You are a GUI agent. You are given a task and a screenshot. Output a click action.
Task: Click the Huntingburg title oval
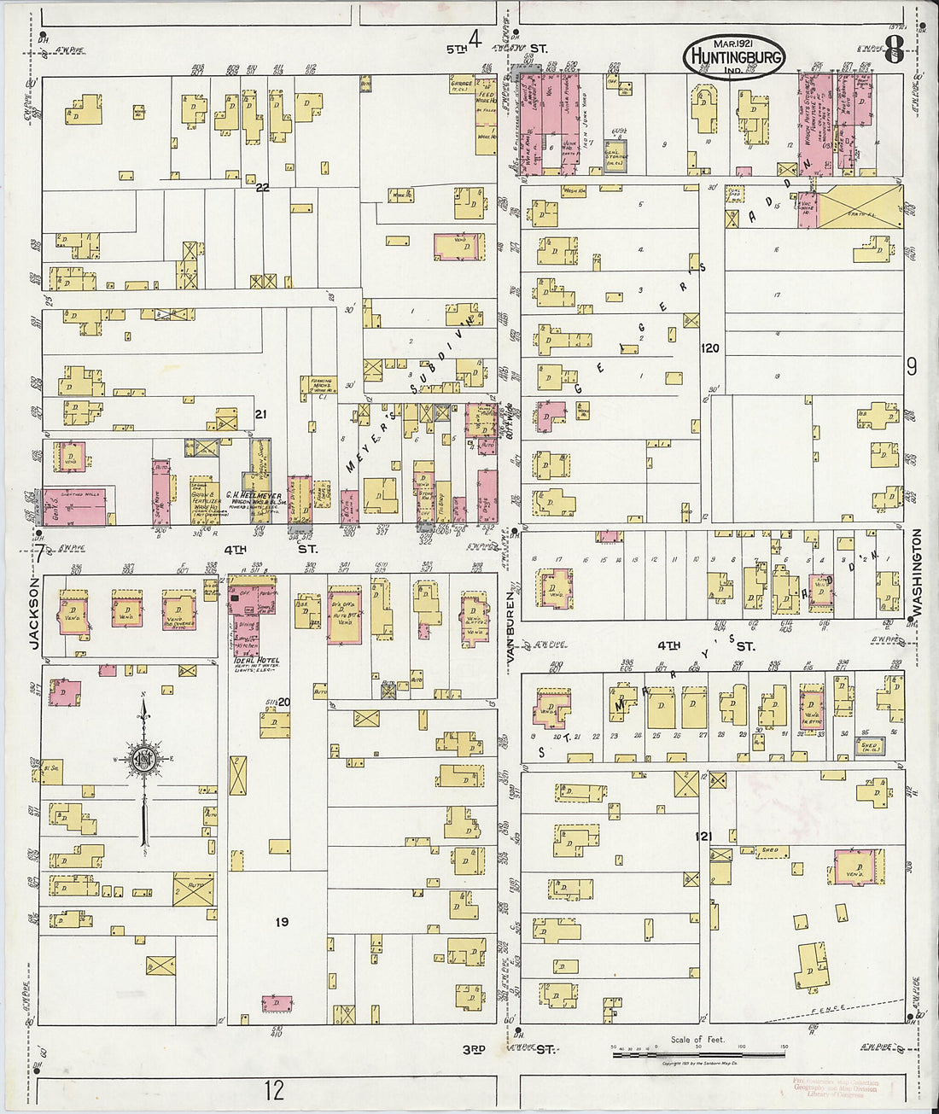point(733,57)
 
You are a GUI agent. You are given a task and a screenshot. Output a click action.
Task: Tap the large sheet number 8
point(894,50)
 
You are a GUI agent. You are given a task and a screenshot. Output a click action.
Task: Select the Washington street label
point(918,572)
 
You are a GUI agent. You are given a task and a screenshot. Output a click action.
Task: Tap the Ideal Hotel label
point(255,661)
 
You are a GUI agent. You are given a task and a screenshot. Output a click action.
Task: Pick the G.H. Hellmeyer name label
point(248,494)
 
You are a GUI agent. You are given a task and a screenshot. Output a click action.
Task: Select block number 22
point(263,187)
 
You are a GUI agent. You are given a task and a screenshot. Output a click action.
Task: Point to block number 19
point(282,922)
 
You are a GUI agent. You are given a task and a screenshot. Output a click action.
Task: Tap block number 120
point(709,348)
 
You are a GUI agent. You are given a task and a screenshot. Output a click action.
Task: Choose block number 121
point(703,837)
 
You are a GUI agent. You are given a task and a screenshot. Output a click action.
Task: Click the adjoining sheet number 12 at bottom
point(274,1090)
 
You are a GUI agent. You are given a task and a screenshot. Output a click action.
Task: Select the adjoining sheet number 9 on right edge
point(912,367)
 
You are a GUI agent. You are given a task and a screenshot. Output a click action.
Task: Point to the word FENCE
point(828,1010)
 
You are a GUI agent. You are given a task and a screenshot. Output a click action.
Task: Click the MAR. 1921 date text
point(732,43)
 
